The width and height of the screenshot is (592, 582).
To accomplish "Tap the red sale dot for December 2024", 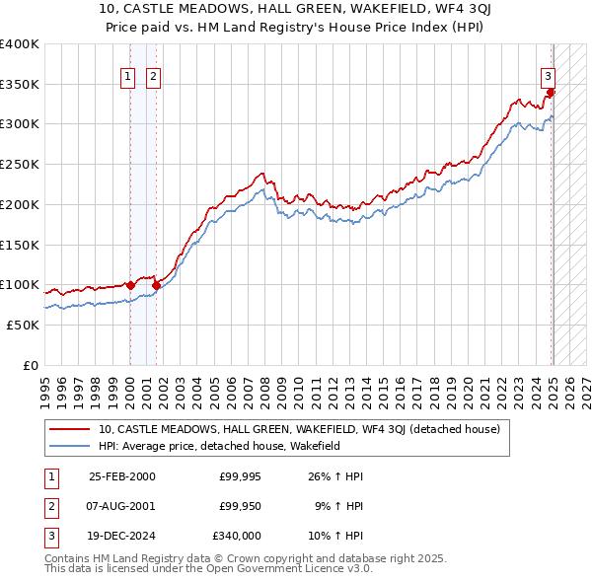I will pos(551,93).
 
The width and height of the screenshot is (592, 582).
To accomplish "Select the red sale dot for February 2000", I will pos(130,285).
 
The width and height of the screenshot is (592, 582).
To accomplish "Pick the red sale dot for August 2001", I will pos(156,285).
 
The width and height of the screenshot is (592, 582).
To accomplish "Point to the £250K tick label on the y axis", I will pos(20,164).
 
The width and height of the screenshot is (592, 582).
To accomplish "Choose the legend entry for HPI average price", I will pos(218,446).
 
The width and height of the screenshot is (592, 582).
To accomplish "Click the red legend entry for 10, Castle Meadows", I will pos(299,429).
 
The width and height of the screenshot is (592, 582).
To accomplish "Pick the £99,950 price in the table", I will pos(240,507).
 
